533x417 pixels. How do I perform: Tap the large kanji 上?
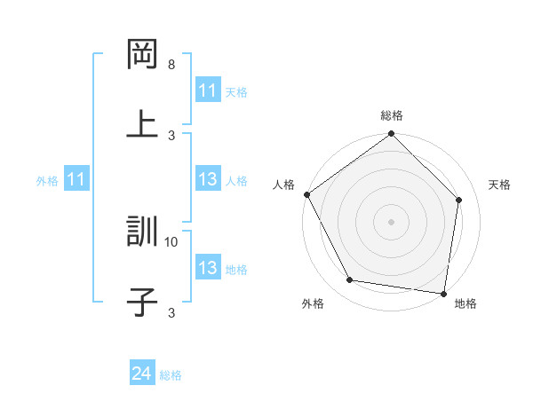(142, 125)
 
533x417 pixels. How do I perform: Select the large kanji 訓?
(142, 232)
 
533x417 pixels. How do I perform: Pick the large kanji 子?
(142, 303)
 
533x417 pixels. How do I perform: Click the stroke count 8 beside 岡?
(171, 65)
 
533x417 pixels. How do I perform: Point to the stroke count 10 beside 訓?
(171, 241)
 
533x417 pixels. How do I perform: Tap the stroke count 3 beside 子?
(171, 312)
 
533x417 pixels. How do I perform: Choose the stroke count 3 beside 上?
(171, 135)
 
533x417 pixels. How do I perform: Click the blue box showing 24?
(142, 374)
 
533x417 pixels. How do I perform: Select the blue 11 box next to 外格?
(76, 180)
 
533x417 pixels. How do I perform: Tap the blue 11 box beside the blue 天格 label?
(207, 90)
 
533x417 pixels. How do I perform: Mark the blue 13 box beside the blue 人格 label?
(207, 180)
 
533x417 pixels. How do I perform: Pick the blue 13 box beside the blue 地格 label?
(207, 268)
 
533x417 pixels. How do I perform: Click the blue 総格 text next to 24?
(171, 375)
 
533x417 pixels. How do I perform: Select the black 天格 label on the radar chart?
(500, 185)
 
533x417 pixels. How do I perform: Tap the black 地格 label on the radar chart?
(465, 304)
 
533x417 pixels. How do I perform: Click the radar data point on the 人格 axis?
(307, 194)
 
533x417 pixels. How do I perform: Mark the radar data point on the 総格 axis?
(392, 135)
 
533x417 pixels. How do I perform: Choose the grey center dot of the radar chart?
(392, 221)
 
